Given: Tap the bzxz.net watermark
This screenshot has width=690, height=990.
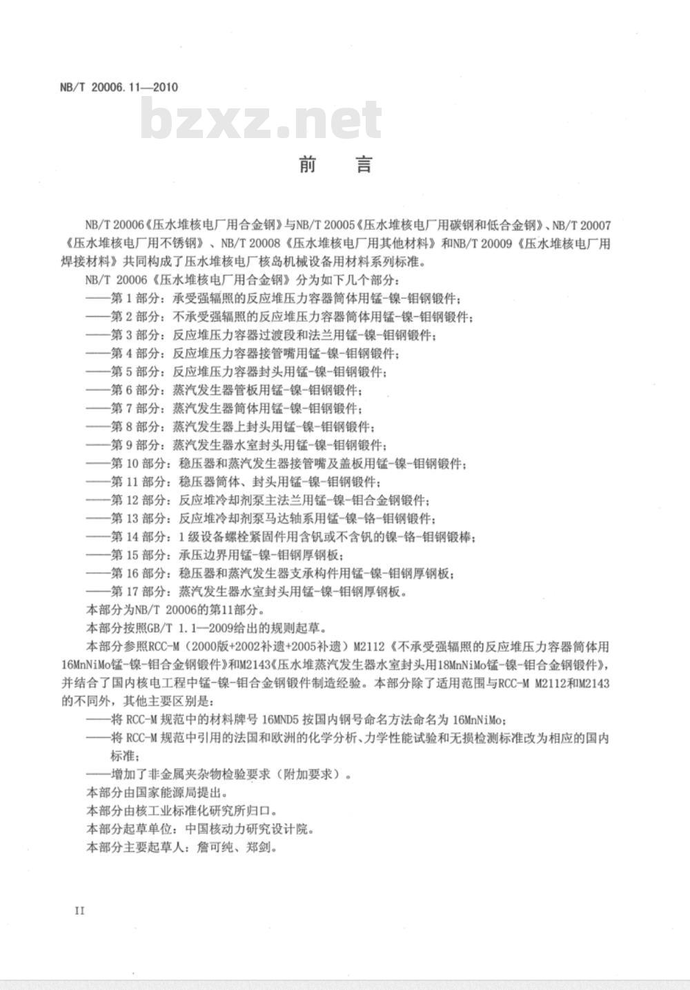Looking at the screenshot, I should click(261, 119).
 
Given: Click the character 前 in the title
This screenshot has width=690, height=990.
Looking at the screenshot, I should click(308, 164).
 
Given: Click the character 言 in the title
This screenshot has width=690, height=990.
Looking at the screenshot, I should click(364, 164).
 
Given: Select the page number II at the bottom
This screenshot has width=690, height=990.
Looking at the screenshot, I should click(79, 911).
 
